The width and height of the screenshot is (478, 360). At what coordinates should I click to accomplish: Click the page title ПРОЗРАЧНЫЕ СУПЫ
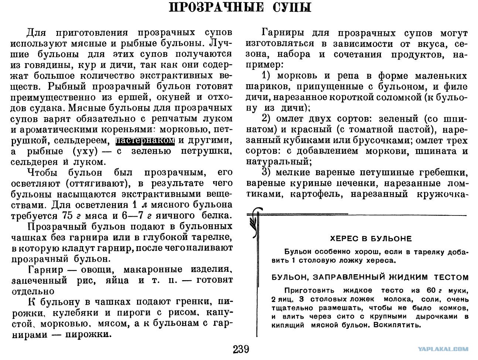239,8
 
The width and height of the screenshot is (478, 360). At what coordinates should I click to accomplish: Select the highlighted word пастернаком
145,141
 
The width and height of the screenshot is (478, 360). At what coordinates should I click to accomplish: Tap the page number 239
241,349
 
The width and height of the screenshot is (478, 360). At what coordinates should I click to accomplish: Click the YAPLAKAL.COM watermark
443,349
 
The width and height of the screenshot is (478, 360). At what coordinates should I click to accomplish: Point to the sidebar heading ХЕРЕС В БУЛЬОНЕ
370,239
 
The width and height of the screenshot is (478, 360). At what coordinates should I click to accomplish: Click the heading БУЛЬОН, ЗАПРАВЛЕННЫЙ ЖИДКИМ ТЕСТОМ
370,277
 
